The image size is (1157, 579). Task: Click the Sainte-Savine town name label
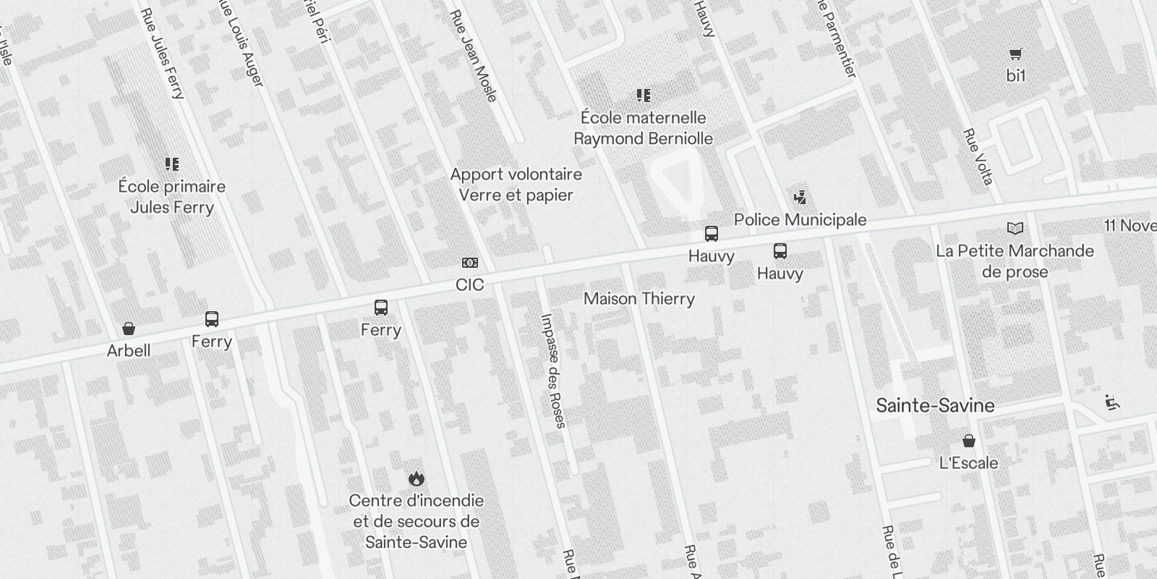click(935, 405)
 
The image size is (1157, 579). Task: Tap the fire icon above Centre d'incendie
click(416, 478)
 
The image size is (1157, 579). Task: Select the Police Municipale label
click(800, 220)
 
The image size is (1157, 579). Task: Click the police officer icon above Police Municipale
click(800, 197)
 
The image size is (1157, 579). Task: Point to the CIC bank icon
click(469, 263)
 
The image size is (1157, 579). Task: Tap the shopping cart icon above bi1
click(1016, 54)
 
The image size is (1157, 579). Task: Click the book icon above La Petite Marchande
click(1015, 229)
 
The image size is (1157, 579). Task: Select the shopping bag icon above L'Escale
click(969, 441)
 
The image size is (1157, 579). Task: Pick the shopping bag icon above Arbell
click(129, 329)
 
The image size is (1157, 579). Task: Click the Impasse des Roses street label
click(554, 370)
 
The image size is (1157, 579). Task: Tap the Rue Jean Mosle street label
click(474, 56)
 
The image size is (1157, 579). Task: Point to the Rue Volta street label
click(978, 156)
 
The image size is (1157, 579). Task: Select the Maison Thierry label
click(639, 299)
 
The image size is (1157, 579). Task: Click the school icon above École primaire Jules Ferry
click(171, 164)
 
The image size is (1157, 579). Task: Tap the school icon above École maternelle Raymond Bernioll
click(643, 96)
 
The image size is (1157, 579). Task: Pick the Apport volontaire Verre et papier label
click(516, 185)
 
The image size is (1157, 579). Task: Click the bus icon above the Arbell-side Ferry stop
click(212, 319)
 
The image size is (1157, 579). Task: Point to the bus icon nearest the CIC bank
click(381, 308)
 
